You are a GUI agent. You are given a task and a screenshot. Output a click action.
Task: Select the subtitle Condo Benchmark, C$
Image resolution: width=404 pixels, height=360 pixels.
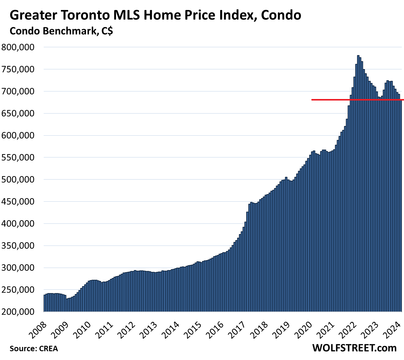61,31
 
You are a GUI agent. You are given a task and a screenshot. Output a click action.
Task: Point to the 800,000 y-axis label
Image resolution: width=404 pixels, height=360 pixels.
18,47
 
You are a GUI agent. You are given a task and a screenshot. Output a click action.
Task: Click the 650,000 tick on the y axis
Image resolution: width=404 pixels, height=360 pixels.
18,114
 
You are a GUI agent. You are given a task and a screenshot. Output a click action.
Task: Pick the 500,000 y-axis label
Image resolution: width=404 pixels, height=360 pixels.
18,180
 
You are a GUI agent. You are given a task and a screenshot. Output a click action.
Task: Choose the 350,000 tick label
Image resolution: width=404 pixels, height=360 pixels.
18,246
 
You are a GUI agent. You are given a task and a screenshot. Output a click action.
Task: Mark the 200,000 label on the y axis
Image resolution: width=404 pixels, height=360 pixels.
18,312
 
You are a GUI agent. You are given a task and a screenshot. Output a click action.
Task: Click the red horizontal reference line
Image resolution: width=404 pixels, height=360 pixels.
333,100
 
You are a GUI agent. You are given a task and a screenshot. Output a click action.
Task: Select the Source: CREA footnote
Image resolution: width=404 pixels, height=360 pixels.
34,348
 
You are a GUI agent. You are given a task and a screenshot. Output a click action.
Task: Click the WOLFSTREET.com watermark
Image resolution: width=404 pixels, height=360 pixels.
354,348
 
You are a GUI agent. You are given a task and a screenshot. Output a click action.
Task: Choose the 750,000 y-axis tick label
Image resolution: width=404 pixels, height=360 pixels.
18,69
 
